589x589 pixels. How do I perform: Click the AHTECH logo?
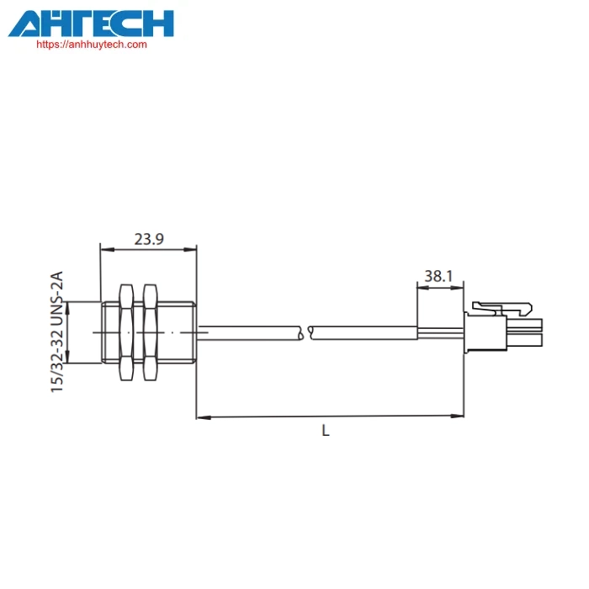91,24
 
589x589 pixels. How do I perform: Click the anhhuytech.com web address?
92,45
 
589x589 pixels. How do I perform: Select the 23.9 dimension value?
149,239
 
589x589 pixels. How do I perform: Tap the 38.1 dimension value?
438,276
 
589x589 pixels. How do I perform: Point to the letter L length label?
326,431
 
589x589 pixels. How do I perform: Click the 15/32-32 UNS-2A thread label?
57,332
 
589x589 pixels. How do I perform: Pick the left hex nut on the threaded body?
126,332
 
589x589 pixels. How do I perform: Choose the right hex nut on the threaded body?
151,332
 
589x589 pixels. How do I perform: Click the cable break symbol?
305,333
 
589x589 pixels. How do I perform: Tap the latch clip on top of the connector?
501,309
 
